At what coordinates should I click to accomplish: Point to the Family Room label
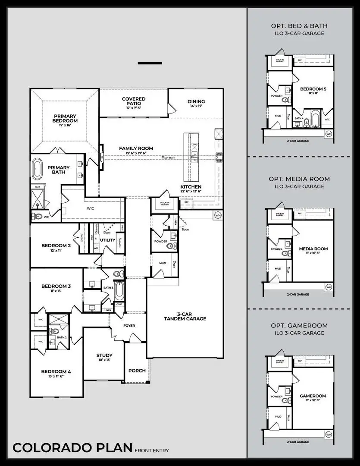136,148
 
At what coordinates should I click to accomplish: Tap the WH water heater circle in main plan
218,215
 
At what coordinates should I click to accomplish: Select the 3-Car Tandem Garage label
185,316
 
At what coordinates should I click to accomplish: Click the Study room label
104,356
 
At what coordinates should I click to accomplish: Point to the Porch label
137,371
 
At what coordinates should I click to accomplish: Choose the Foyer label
129,326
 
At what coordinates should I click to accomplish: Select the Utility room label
108,240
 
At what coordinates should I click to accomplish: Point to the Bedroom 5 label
313,89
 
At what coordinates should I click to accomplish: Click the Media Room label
313,249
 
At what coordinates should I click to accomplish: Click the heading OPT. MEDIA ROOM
299,179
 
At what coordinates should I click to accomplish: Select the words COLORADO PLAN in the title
72,447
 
